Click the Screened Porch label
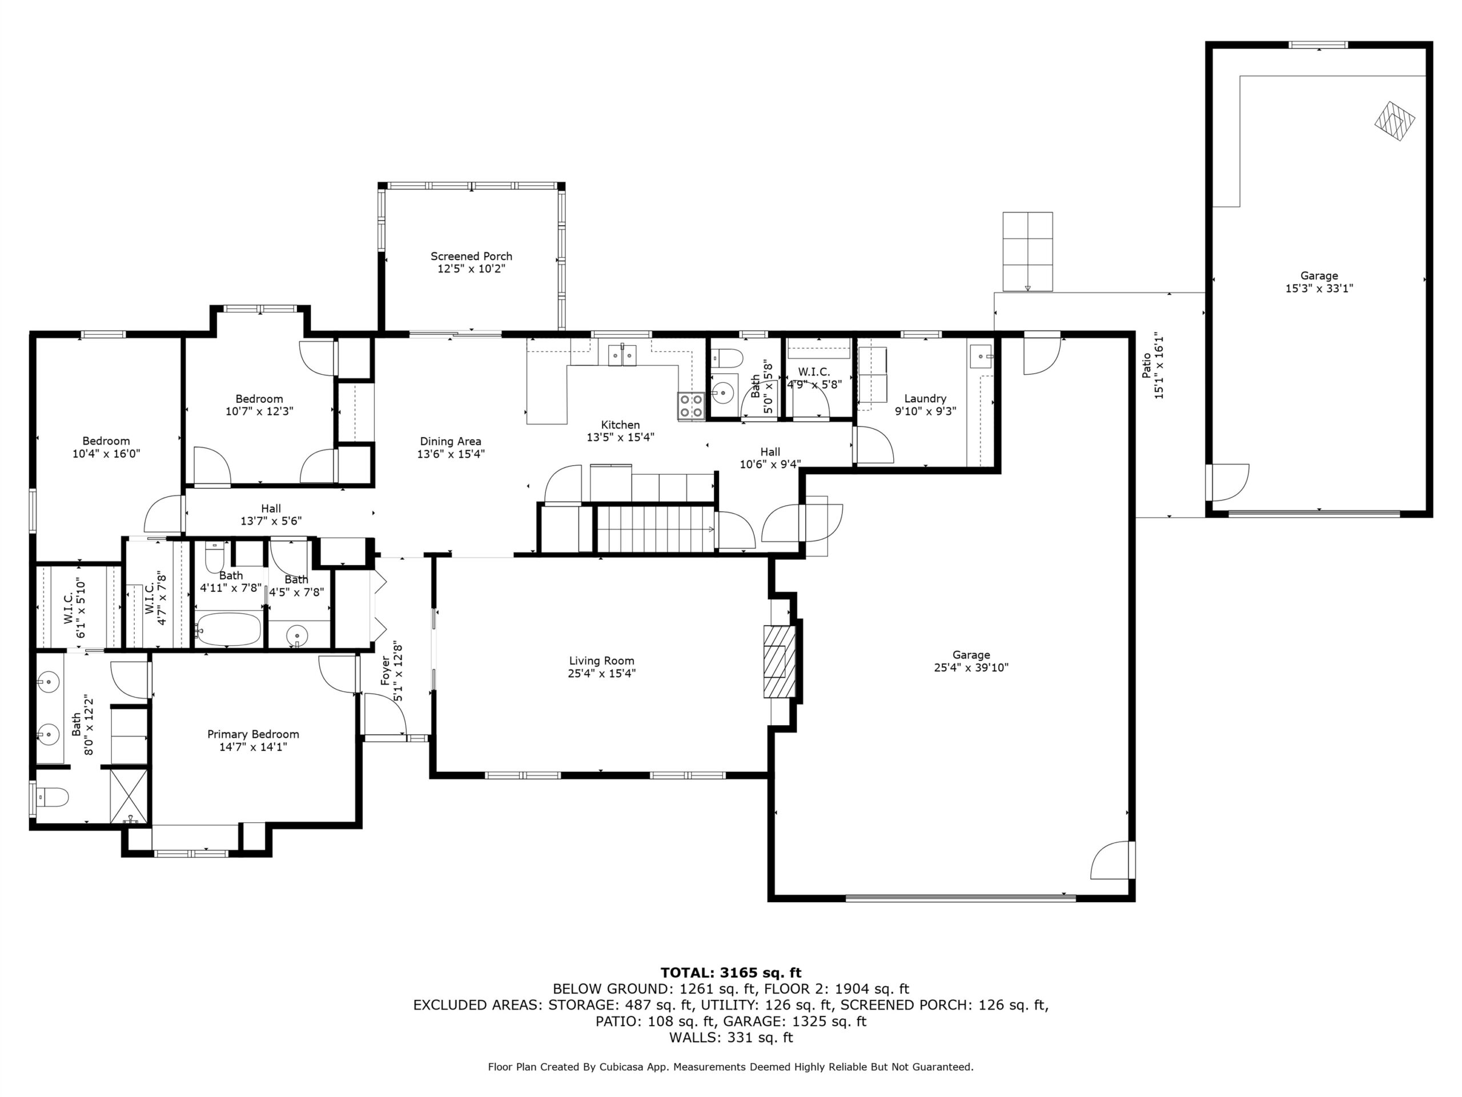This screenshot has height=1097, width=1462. pos(471,257)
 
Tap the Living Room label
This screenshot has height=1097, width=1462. pos(601,660)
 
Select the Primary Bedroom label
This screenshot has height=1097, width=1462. pos(253,735)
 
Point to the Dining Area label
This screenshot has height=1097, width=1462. pos(451,442)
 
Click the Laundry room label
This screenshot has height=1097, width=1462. pos(925,399)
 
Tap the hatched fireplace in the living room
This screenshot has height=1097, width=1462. pos(780,661)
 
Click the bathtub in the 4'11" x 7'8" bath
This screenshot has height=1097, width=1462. pos(228,630)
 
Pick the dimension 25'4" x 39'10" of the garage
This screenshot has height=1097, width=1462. pos(971,668)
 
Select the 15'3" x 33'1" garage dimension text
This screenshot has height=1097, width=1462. pos(1319,289)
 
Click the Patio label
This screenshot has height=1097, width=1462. pos(1147,365)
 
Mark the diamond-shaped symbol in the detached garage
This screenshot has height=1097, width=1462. pos(1395,121)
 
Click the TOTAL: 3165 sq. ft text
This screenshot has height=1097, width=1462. pos(731,972)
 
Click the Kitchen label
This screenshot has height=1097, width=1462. pos(621,425)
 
